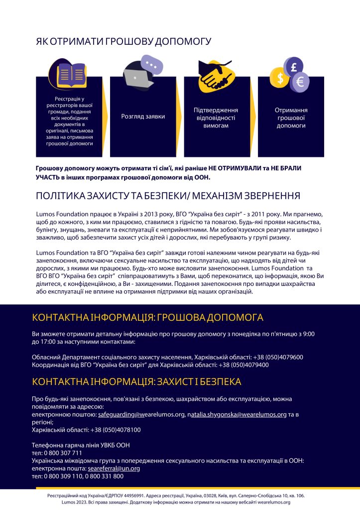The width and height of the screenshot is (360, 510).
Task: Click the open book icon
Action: (x=72, y=74)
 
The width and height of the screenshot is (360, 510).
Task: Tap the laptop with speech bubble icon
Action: (x=141, y=73)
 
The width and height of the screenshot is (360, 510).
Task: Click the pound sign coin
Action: (x=294, y=66)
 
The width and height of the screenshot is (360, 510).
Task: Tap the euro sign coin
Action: (x=300, y=81)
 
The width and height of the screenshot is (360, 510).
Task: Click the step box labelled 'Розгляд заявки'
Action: (x=143, y=117)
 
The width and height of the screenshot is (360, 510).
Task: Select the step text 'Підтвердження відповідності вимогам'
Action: (x=216, y=118)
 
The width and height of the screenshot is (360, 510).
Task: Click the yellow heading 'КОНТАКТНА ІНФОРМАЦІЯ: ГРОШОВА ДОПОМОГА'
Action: (x=147, y=318)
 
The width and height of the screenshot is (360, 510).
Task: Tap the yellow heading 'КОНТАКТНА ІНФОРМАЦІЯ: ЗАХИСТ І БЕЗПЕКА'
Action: (x=136, y=382)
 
